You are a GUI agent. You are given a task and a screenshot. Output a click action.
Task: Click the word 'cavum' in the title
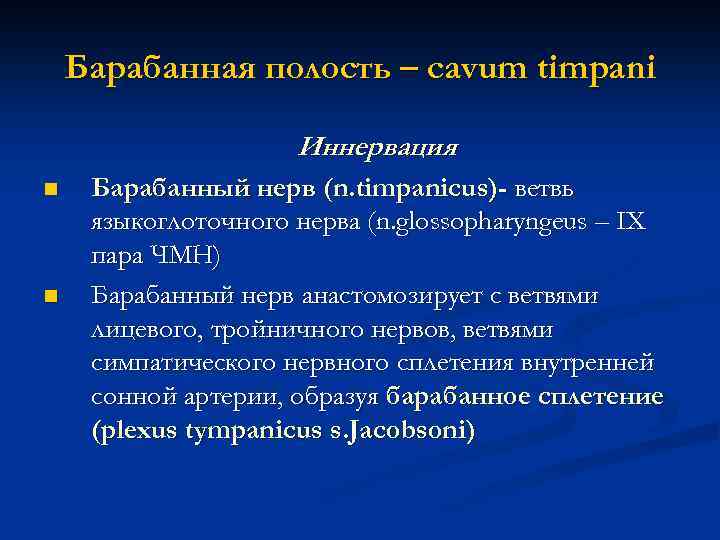(466, 69)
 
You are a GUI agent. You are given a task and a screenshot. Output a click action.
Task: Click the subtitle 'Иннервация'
(378, 149)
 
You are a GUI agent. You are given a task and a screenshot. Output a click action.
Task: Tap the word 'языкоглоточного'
(177, 222)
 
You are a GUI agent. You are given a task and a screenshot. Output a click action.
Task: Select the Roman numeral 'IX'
(631, 222)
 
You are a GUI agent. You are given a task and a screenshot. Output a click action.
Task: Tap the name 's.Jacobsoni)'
(411, 431)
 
